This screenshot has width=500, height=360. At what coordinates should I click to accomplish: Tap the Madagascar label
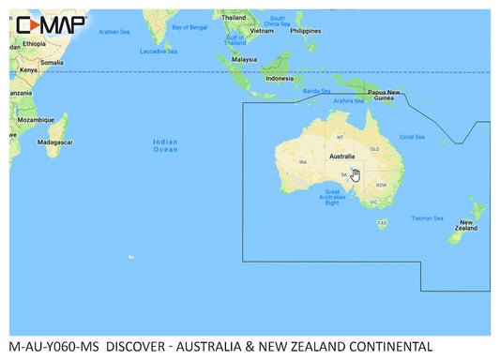[55, 142]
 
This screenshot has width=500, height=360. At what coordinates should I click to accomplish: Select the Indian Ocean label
[165, 145]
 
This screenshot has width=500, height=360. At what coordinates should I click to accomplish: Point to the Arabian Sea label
[114, 31]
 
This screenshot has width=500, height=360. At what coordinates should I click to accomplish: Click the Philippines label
[306, 30]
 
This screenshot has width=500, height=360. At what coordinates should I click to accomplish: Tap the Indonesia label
[280, 79]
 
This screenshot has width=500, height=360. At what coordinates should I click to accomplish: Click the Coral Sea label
[412, 137]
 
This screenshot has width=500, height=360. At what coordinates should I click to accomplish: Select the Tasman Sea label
[427, 217]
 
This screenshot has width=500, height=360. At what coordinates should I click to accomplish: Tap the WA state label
[303, 162]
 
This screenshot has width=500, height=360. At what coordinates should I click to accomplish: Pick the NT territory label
[340, 138]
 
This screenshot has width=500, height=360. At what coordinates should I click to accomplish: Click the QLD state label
[373, 149]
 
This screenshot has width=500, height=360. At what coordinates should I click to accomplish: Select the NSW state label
[381, 185]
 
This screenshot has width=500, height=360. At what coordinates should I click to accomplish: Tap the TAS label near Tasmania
[382, 222]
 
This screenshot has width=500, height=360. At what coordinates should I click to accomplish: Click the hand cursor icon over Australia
[356, 174]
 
